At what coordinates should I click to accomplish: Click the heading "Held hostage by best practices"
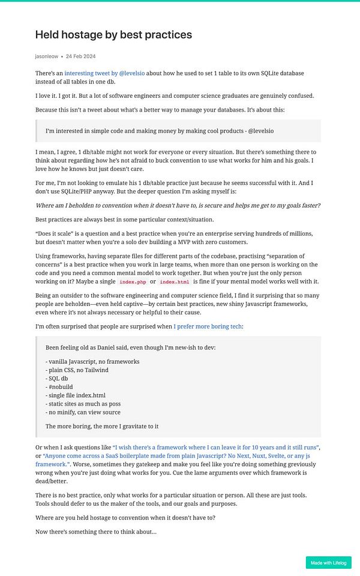[113, 35]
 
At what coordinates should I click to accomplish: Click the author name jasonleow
[47, 56]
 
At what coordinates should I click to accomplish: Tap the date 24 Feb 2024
[81, 56]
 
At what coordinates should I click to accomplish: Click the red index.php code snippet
[132, 282]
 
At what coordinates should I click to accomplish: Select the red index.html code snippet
[174, 282]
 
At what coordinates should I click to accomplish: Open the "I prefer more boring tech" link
[208, 326]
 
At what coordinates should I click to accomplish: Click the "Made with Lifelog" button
[328, 563]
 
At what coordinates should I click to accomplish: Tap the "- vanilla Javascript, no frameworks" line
[92, 362]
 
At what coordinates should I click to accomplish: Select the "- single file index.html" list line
[76, 395]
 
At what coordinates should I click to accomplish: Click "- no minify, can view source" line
[83, 412]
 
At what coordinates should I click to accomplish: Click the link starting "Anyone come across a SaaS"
[180, 456]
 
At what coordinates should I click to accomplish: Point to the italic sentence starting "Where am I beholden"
[178, 205]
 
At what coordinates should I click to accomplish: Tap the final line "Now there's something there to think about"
[96, 532]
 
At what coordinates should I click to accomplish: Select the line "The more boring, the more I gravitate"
[102, 426]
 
